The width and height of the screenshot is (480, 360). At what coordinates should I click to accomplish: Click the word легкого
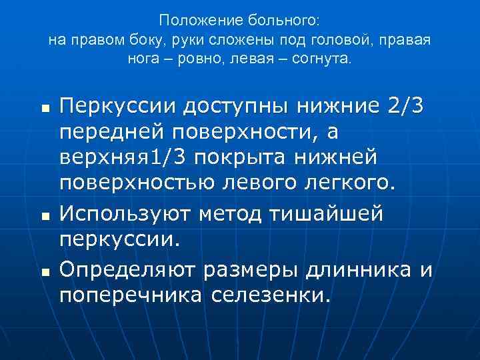point(355,183)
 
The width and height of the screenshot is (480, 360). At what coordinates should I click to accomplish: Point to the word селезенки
point(270,295)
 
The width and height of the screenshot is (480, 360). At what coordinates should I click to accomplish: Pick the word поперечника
point(131,295)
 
